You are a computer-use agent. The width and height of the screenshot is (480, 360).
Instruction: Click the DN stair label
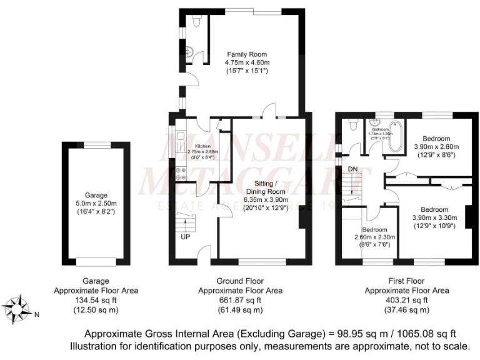click(353, 169)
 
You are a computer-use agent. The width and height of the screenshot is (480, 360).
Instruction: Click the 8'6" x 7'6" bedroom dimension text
click(374, 245)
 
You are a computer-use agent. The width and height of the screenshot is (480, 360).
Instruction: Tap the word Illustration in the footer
click(94, 346)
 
